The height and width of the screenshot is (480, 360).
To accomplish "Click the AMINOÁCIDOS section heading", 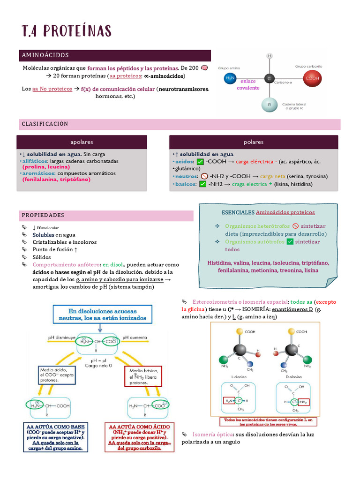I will (45, 55).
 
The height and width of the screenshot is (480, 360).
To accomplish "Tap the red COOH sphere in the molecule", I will (312, 79).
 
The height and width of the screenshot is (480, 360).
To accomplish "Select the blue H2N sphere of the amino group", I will (230, 79).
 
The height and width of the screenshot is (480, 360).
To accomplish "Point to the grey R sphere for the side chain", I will (269, 105).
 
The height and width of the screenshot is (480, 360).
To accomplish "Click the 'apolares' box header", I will (82, 142).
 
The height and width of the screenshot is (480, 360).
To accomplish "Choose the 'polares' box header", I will (254, 142).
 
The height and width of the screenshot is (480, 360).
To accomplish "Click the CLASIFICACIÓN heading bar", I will (45, 124).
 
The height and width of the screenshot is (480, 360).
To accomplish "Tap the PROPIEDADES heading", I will (43, 215).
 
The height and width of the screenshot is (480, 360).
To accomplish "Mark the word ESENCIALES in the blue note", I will (238, 212).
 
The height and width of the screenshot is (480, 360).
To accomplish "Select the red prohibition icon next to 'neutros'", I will (204, 176).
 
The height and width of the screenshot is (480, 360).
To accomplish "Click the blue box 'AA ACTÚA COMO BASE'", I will (56, 436).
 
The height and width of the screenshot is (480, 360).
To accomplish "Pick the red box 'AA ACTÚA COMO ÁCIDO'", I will (139, 436).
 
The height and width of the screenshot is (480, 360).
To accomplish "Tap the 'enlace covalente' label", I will (248, 84).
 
